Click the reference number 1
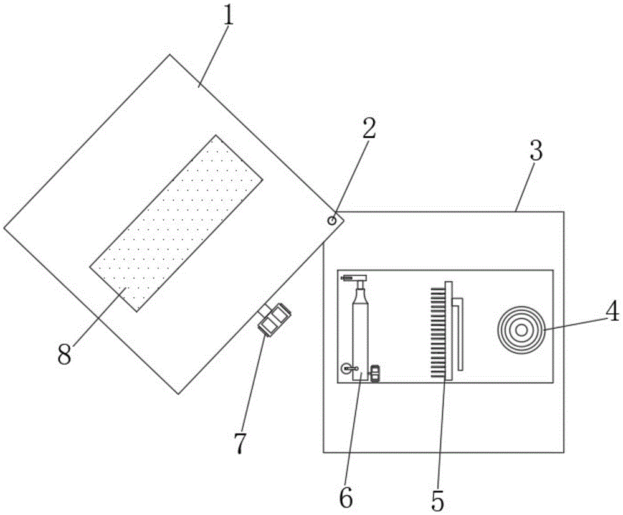point(229,16)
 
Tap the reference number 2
point(369,128)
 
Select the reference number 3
point(535,151)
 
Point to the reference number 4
point(613,311)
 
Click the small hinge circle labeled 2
point(333,220)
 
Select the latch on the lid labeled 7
point(275,319)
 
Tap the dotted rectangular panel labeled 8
point(176,222)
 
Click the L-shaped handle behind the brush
point(460,333)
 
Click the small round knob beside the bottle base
point(346,369)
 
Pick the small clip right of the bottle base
point(375,373)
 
